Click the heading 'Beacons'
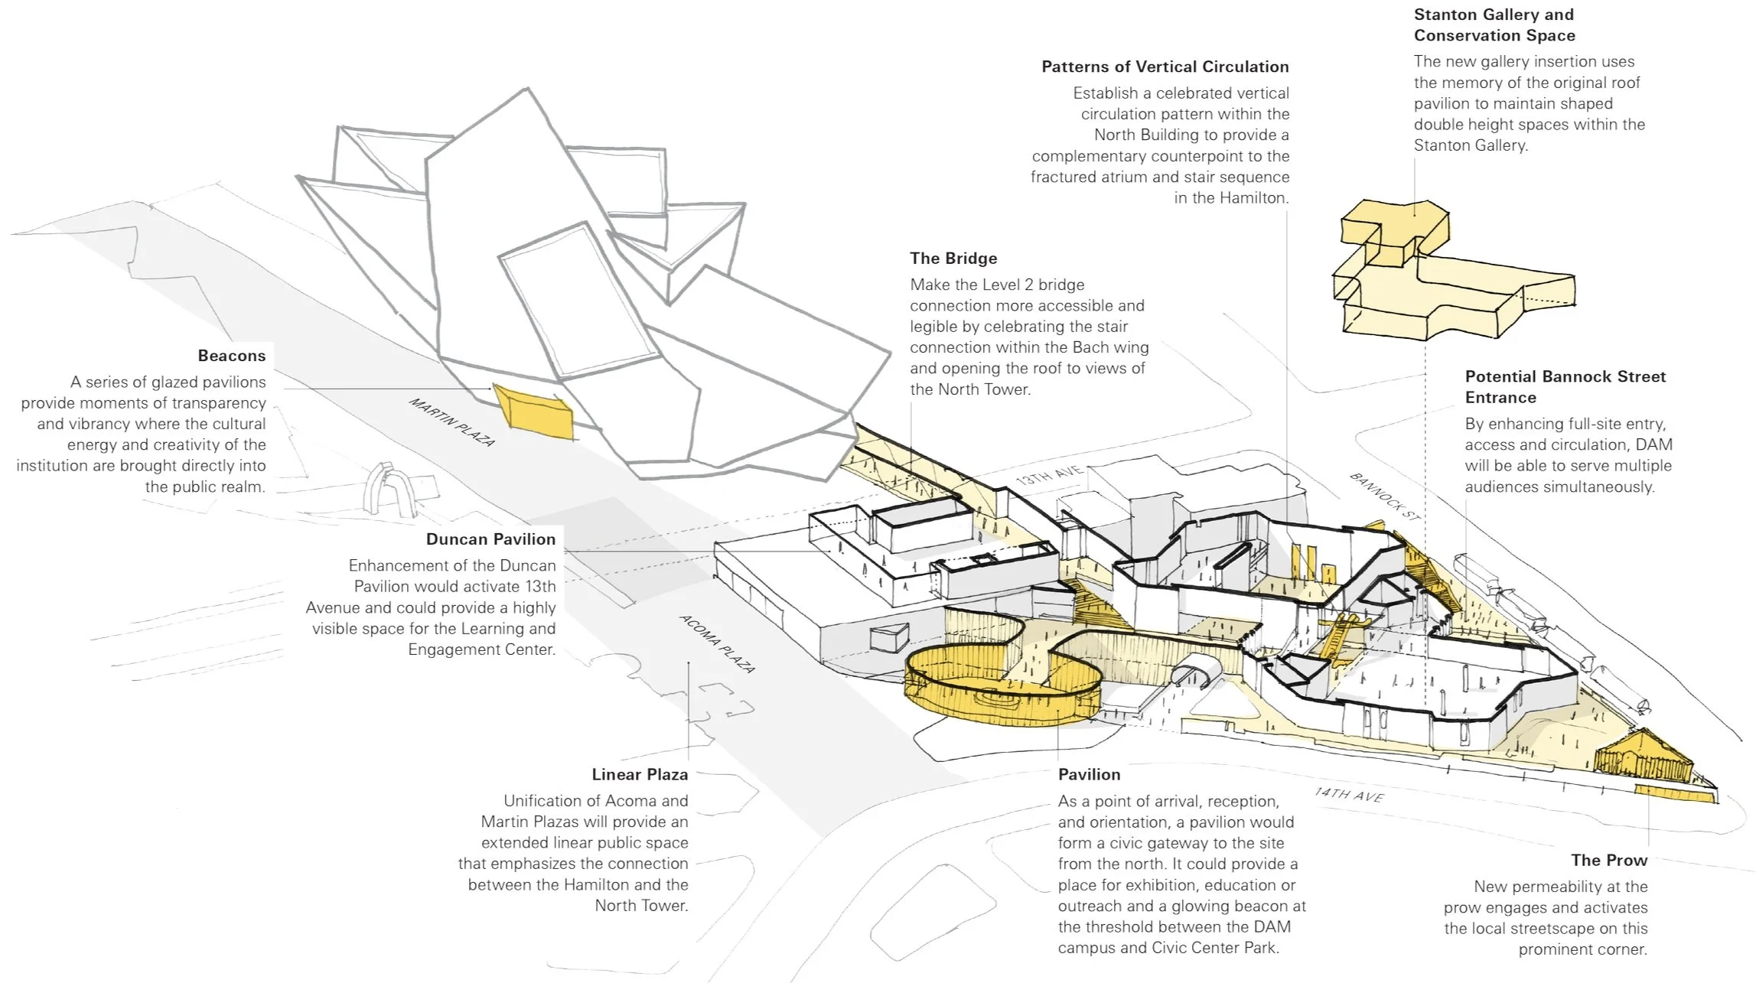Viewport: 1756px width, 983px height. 231,356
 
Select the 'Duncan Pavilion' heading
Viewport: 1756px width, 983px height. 490,539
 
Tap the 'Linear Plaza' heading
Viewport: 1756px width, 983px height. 640,775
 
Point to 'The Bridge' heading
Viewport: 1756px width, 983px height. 953,259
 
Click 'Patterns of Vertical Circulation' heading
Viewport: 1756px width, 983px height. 1165,67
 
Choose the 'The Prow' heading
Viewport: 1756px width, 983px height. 1609,861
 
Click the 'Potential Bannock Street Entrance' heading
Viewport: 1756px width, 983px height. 1565,387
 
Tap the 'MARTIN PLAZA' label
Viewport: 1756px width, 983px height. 452,422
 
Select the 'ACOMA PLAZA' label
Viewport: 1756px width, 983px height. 718,644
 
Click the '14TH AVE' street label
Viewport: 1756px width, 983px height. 1350,796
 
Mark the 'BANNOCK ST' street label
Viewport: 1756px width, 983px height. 1385,496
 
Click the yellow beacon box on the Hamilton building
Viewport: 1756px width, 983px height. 533,412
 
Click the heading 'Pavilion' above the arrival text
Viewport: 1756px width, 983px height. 1089,775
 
